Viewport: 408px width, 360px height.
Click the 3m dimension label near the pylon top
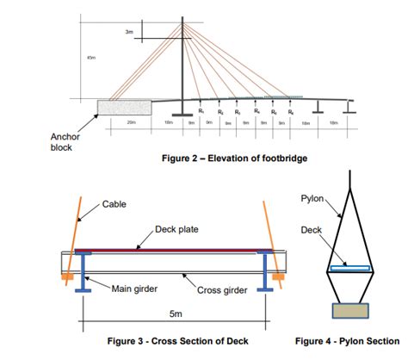[x=128, y=32]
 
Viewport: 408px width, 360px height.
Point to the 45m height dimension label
[x=92, y=58]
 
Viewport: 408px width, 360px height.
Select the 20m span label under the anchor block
[x=131, y=123]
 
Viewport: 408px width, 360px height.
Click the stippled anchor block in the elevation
[x=122, y=106]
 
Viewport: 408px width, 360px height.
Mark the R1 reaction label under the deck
[x=201, y=111]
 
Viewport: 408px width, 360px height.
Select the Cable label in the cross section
[x=114, y=204]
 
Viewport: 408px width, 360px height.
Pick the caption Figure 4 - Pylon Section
[x=347, y=341]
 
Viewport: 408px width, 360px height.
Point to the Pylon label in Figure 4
[x=312, y=198]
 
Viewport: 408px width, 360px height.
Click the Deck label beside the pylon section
[x=312, y=230]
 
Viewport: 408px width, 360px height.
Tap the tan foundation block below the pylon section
[x=349, y=310]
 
